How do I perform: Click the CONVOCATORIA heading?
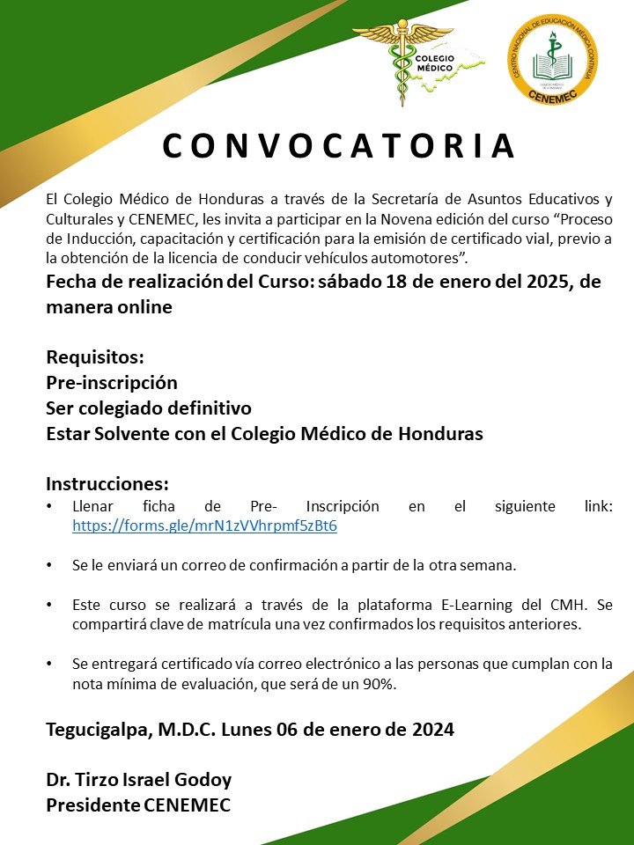pyautogui.click(x=339, y=147)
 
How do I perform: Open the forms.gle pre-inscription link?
pyautogui.click(x=204, y=526)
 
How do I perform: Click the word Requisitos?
pyautogui.click(x=94, y=358)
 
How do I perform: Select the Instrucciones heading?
pyautogui.click(x=107, y=485)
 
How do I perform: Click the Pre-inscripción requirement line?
pyautogui.click(x=112, y=383)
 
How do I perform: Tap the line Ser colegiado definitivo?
pyautogui.click(x=149, y=408)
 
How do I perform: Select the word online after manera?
pyautogui.click(x=143, y=308)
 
